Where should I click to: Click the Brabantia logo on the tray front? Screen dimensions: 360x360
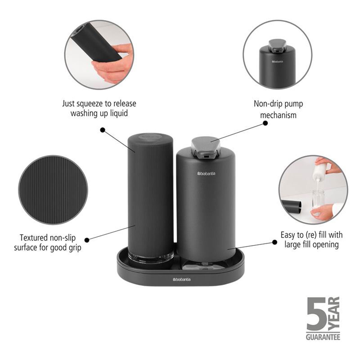(x=181, y=285)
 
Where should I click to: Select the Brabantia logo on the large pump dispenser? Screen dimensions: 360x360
(x=206, y=174)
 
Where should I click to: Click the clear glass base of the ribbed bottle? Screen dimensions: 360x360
(x=151, y=256)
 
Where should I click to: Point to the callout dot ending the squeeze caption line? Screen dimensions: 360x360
(x=103, y=130)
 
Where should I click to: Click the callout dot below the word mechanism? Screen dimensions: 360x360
(x=265, y=123)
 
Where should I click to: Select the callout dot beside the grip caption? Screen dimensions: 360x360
(x=87, y=240)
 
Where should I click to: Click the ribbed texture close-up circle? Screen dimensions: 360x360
(x=53, y=190)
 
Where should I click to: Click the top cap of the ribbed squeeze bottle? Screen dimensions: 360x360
(x=150, y=136)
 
